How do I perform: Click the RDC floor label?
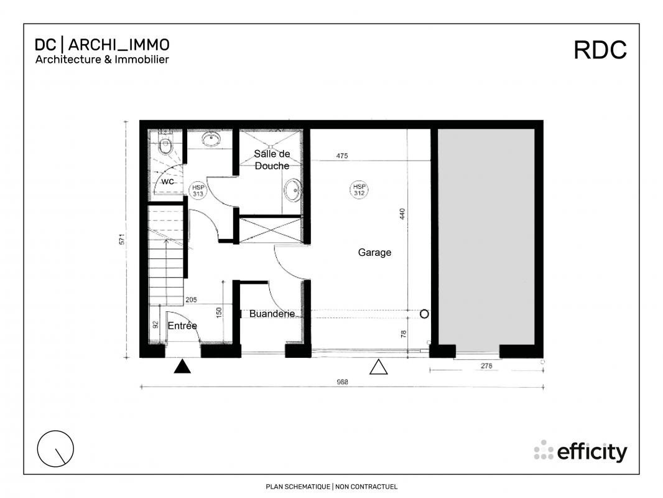pyautogui.click(x=600, y=50)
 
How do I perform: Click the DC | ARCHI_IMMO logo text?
pyautogui.click(x=102, y=45)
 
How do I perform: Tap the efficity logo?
pyautogui.click(x=580, y=451)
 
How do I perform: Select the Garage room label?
pyautogui.click(x=374, y=253)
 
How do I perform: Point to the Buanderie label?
pyautogui.click(x=272, y=314)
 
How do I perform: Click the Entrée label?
pyautogui.click(x=182, y=326)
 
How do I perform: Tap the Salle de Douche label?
pyautogui.click(x=272, y=160)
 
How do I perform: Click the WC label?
pyautogui.click(x=168, y=182)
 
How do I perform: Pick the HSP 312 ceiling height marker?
pyautogui.click(x=359, y=189)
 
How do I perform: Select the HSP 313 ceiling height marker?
pyautogui.click(x=198, y=190)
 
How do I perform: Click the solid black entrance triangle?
pyautogui.click(x=182, y=367)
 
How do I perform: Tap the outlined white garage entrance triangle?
pyautogui.click(x=378, y=367)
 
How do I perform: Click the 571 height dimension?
pyautogui.click(x=124, y=238)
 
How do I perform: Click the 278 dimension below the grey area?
pyautogui.click(x=486, y=367)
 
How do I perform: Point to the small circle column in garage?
pyautogui.click(x=424, y=314)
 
